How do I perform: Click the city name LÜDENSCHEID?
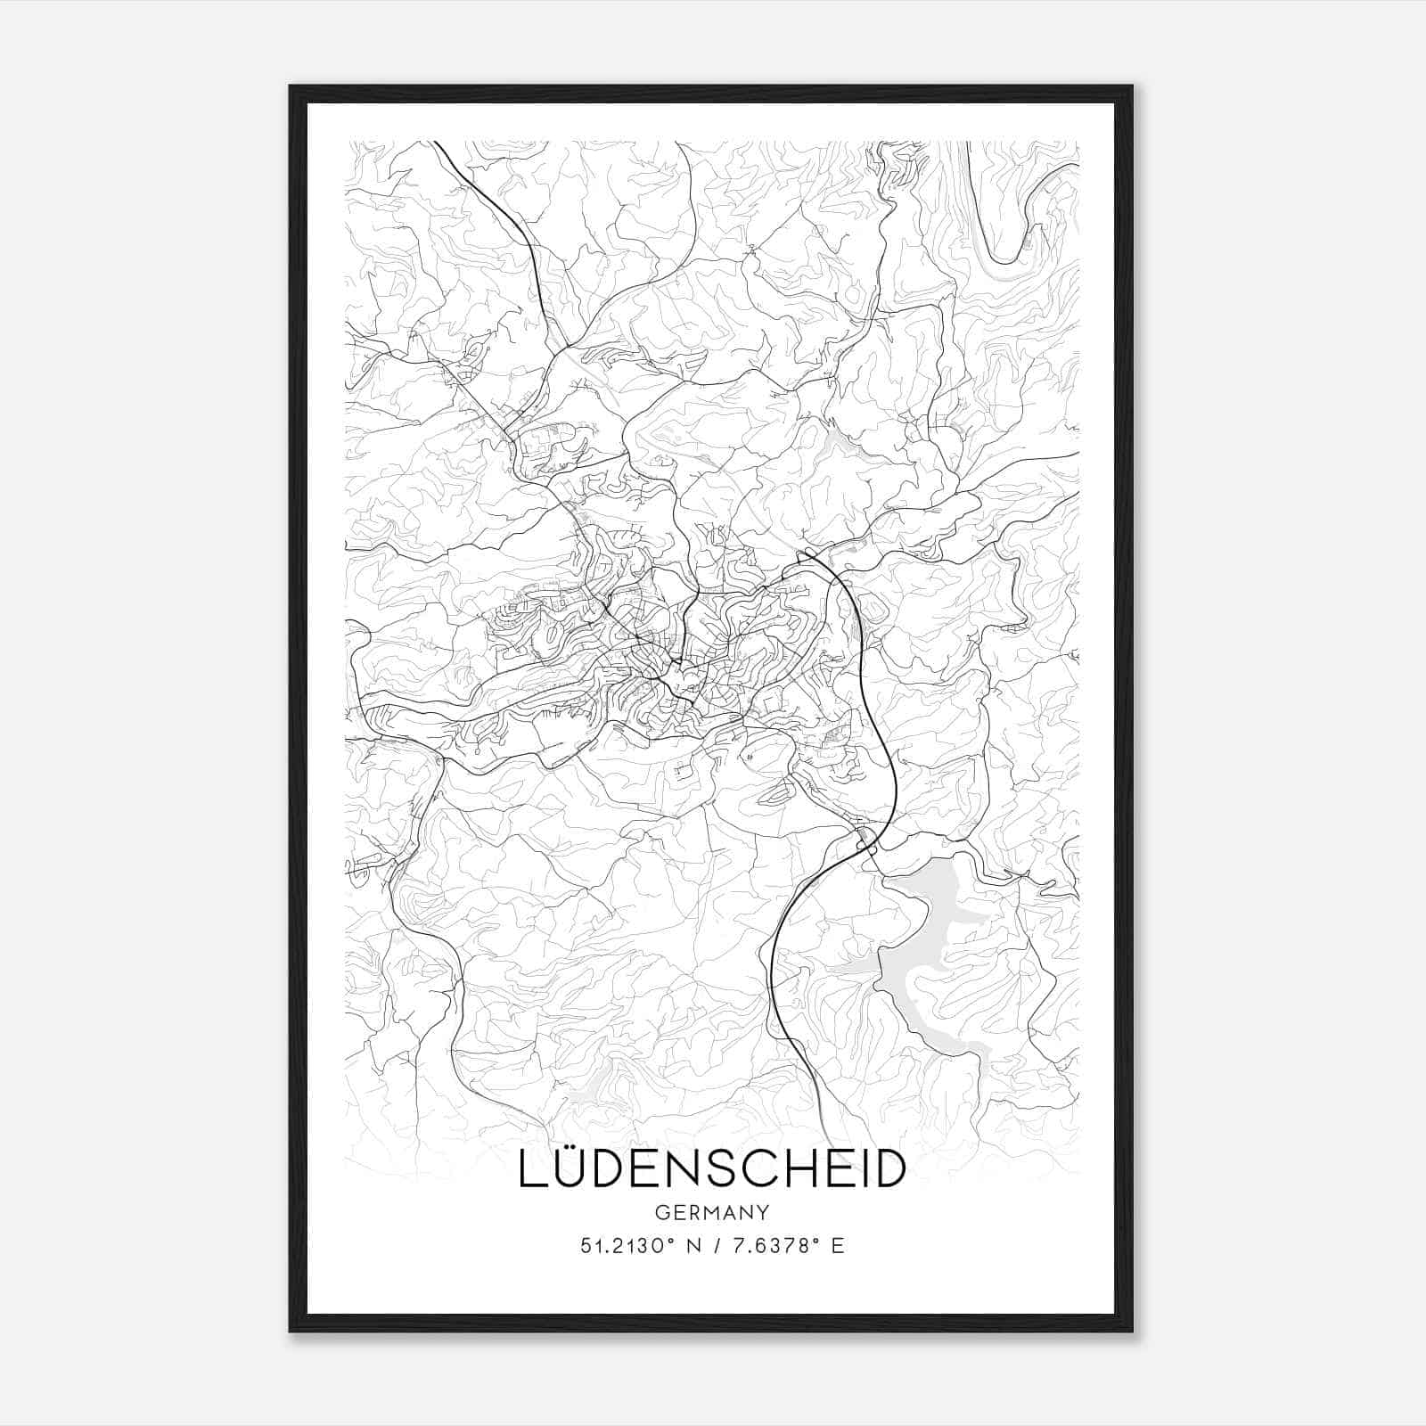click(x=712, y=1169)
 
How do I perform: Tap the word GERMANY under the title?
click(x=712, y=1212)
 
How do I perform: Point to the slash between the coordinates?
click(x=717, y=1246)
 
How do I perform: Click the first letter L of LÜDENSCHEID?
click(x=531, y=1170)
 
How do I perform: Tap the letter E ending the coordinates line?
click(x=837, y=1246)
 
